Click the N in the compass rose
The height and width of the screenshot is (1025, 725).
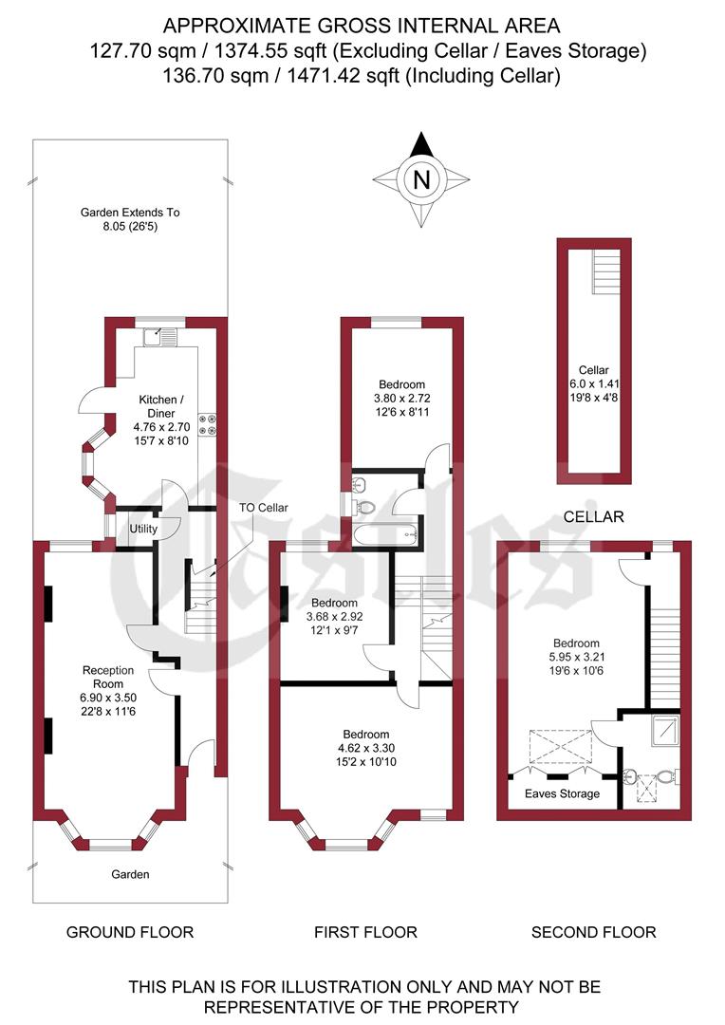(x=421, y=178)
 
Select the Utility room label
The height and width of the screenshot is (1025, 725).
(x=143, y=528)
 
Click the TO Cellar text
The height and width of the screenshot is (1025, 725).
(x=263, y=509)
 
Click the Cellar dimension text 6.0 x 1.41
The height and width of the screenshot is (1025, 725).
(x=593, y=383)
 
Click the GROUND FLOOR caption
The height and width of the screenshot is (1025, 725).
(x=130, y=932)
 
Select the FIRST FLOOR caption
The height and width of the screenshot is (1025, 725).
(x=365, y=932)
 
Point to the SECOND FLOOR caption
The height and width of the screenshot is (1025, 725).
(x=593, y=932)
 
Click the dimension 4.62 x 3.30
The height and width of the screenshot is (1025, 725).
(x=366, y=748)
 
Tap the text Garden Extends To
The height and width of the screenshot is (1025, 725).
(x=130, y=213)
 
